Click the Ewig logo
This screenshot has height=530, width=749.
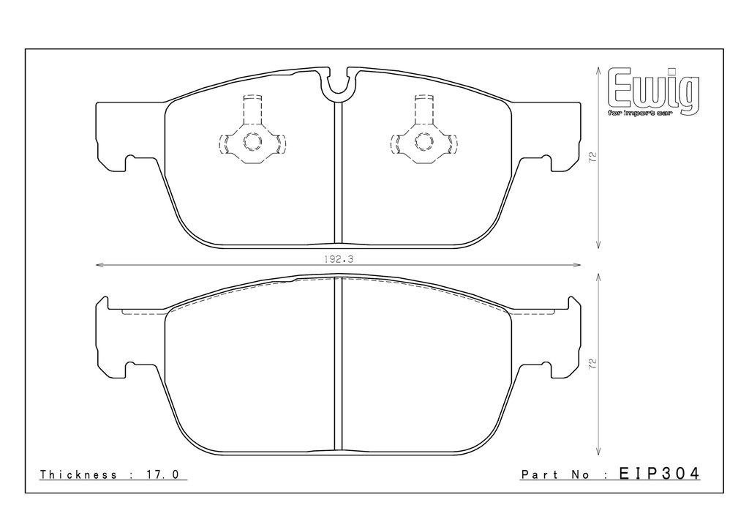tap(653, 92)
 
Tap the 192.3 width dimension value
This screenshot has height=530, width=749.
tap(338, 258)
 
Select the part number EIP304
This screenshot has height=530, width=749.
tap(660, 474)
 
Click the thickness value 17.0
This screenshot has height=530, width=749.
tap(162, 474)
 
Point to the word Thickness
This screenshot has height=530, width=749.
tap(78, 474)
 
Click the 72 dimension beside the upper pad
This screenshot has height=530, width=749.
tap(592, 157)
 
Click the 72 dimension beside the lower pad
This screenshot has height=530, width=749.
tap(592, 364)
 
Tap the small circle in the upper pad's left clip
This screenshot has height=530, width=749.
tap(252, 141)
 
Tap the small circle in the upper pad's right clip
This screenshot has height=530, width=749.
tap(424, 141)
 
